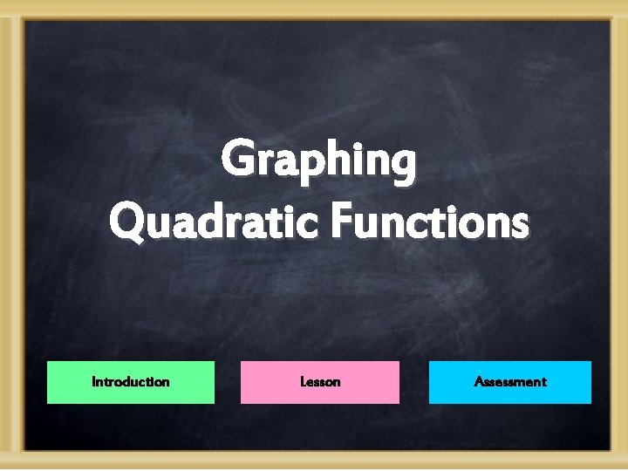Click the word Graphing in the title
coord(318,163)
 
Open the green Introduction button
coord(130,382)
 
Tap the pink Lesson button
coord(320,382)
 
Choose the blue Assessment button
coord(509,382)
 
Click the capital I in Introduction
coord(93,382)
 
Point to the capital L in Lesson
coord(303,382)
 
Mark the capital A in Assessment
coord(479,382)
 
